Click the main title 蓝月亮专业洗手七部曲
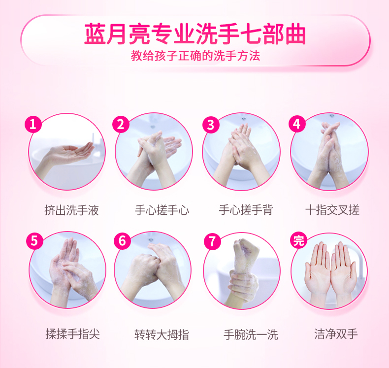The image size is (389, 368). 195,34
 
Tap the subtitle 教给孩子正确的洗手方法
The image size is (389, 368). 195,56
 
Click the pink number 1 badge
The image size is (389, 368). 33,124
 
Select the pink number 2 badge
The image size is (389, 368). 121,124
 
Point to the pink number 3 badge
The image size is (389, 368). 211,125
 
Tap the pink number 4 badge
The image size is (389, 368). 297,124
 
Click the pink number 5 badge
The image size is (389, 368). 34,241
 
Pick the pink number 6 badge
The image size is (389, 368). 122,241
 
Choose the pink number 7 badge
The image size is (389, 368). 212,241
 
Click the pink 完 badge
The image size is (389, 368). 298,240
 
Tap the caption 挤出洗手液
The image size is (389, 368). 72,210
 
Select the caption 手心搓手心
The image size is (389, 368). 162,210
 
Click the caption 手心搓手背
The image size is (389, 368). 246,210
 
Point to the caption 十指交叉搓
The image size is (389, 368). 332,210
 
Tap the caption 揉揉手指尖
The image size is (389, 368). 73,334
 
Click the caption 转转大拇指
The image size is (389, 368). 162,335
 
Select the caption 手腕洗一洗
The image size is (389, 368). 251,335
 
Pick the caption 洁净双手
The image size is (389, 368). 336,334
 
